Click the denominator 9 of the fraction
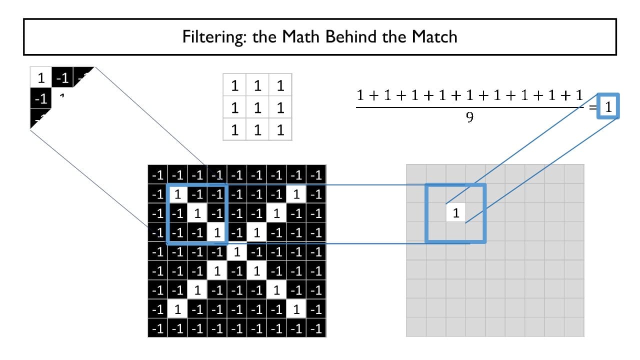click(469, 117)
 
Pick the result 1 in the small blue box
click(608, 106)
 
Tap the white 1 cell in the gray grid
click(455, 213)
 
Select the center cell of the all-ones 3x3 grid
click(257, 107)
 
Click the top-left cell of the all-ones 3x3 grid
click(234, 85)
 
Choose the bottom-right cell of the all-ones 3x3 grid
click(280, 129)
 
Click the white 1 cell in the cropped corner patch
click(41, 77)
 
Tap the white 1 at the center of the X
click(237, 251)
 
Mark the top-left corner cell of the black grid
click(158, 174)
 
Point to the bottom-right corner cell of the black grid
click(316, 328)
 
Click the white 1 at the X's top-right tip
click(296, 194)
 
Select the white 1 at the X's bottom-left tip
click(177, 309)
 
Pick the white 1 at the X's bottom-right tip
click(296, 309)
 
